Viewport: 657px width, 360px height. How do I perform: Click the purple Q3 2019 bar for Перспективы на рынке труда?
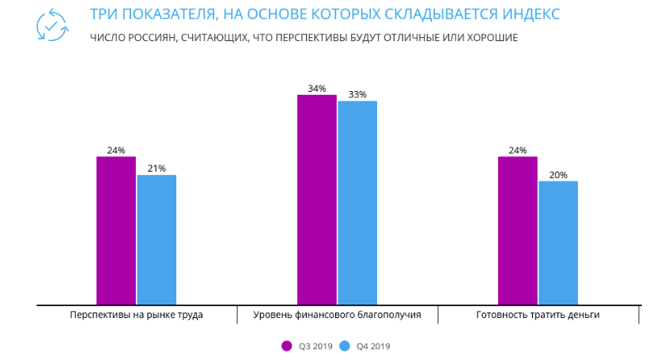(x=116, y=230)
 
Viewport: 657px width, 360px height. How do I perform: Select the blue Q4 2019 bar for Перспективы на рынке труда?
(x=157, y=239)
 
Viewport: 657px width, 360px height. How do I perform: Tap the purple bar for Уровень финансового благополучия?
(x=317, y=199)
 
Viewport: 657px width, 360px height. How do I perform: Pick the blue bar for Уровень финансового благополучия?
(x=357, y=203)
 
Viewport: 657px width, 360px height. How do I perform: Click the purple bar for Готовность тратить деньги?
(x=518, y=230)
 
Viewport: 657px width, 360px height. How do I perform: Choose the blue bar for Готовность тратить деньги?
(x=558, y=242)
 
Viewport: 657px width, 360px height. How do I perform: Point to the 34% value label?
(x=317, y=89)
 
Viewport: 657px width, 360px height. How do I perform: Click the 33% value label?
(x=357, y=95)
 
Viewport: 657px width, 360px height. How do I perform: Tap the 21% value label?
(x=157, y=169)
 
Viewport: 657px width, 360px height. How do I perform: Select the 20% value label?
(x=558, y=175)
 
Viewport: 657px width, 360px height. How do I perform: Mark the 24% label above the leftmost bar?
(x=116, y=150)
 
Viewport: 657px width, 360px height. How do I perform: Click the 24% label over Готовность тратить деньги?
(x=518, y=150)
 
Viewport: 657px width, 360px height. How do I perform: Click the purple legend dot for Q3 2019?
(x=287, y=346)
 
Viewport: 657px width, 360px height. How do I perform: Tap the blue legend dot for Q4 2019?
(x=345, y=346)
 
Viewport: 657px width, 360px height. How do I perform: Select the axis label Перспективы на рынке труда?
(x=136, y=315)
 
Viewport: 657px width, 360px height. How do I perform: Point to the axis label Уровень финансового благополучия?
(x=337, y=315)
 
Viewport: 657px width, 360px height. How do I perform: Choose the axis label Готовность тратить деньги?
(x=538, y=315)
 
